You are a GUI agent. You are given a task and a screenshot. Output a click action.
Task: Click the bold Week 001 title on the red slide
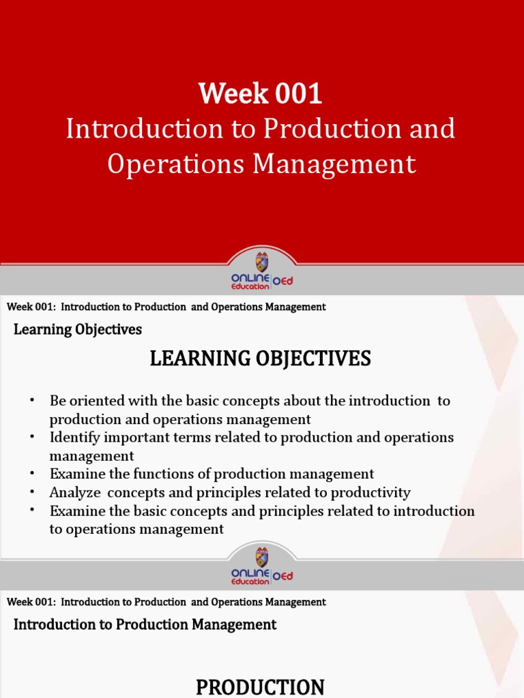[261, 93]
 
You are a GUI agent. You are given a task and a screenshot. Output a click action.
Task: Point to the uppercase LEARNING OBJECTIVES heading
[261, 358]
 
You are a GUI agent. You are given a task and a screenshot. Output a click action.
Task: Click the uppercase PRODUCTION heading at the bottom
[260, 687]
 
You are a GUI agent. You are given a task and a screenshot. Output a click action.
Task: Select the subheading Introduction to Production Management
[145, 624]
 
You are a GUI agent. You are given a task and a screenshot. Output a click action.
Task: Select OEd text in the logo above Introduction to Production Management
[282, 576]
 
